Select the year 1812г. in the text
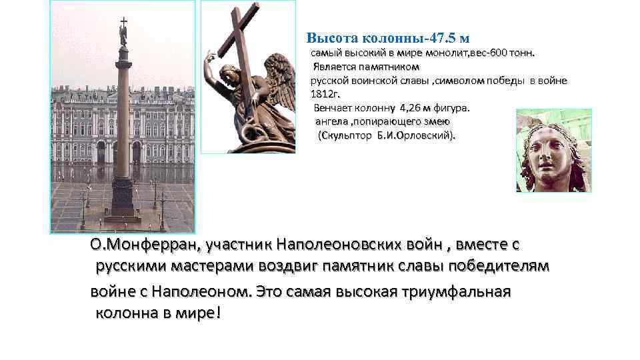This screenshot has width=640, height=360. (x=325, y=93)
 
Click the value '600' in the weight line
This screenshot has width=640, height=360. (x=498, y=52)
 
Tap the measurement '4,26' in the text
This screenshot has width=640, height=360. (x=411, y=107)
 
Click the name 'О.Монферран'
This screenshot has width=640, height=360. (x=138, y=245)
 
